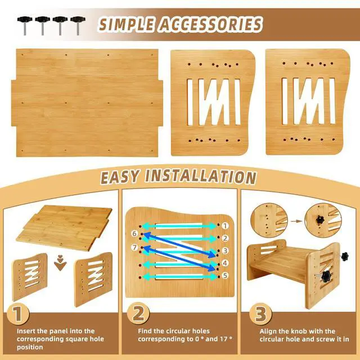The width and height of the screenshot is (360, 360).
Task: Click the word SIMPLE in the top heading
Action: coord(128,24)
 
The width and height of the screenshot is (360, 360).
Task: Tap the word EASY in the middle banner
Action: coord(121,176)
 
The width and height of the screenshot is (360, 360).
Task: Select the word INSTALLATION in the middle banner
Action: coord(201,176)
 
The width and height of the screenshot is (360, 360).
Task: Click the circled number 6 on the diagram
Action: coord(134,233)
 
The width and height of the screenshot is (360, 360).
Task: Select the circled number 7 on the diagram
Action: coord(134,248)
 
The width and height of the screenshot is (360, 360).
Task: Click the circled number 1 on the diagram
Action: coord(224,225)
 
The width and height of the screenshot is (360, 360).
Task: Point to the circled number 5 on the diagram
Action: coord(224,275)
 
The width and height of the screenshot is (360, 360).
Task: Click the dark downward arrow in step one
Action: coord(59,265)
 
